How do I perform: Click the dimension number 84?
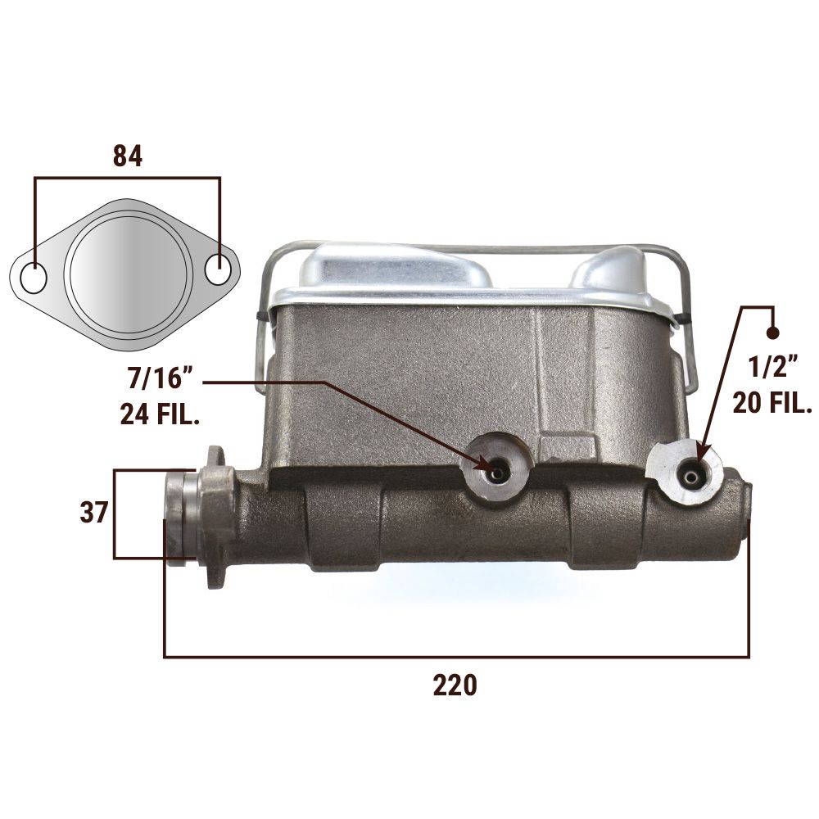(128, 156)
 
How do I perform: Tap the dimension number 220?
(455, 686)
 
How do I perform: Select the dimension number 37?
(93, 513)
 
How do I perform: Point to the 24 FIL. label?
(161, 414)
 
